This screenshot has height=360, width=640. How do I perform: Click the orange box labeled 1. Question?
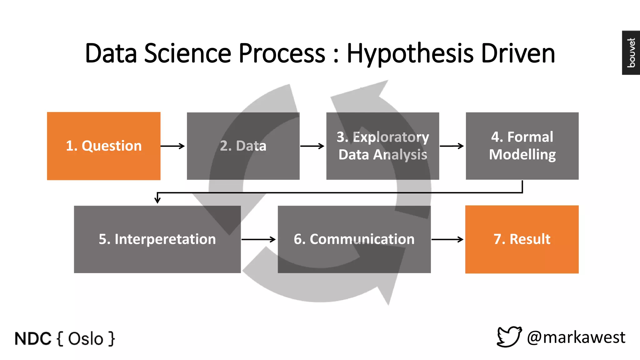tap(103, 146)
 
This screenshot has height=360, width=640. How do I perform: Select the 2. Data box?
tap(243, 146)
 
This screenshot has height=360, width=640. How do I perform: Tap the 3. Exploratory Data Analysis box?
tap(382, 146)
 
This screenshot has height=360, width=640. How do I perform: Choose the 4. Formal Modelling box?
tap(522, 146)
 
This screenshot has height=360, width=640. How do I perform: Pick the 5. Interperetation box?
tap(157, 239)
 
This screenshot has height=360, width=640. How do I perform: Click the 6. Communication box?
tap(354, 239)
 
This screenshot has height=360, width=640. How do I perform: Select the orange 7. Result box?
tap(522, 239)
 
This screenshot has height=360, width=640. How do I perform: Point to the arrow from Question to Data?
tap(173, 146)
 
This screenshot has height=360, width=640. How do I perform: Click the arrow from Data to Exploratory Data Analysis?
tap(312, 146)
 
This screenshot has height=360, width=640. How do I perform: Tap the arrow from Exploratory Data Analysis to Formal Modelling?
tap(452, 146)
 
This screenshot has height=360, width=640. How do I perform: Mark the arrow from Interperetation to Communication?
tap(259, 239)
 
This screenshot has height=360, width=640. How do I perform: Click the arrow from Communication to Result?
tap(447, 239)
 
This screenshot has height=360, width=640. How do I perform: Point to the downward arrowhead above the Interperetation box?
tap(158, 199)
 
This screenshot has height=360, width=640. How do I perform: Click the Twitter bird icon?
tap(509, 337)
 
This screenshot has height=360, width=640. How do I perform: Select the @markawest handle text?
tap(576, 337)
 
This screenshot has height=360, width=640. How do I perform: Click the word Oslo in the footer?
tap(86, 339)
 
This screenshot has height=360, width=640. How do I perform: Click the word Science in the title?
tap(187, 53)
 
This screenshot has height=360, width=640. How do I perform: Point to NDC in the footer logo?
tap(33, 339)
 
